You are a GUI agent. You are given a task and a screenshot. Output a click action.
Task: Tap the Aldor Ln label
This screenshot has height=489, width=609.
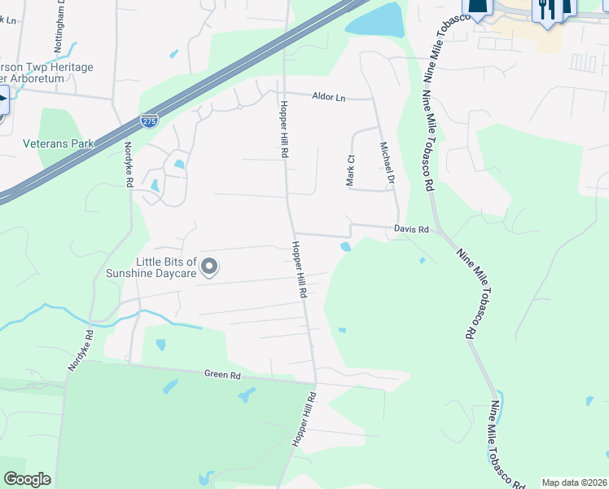coord(329,97)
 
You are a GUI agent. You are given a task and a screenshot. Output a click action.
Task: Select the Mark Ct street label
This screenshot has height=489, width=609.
coord(351,170)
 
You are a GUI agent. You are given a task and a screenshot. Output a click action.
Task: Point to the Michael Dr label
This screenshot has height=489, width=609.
coord(387,162)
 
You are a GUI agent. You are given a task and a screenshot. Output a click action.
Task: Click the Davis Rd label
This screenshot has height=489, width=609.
coord(411,230)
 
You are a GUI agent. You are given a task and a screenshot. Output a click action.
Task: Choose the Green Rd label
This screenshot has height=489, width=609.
coord(223,376)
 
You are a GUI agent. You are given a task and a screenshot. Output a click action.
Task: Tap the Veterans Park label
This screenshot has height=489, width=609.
coord(58,143)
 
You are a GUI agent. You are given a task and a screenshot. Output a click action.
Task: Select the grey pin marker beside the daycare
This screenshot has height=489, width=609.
coord(210,266)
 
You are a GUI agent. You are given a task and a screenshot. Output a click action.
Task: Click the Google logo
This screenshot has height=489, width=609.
coord(27,479)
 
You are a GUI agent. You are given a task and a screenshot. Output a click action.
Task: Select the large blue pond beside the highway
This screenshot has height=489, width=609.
coord(376,20)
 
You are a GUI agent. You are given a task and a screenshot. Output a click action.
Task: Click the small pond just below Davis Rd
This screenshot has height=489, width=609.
coord(346,246)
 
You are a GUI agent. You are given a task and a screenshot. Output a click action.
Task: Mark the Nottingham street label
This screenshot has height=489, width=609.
coord(59,33)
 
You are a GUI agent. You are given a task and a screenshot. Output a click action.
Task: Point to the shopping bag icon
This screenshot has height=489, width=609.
coord(479,7)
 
